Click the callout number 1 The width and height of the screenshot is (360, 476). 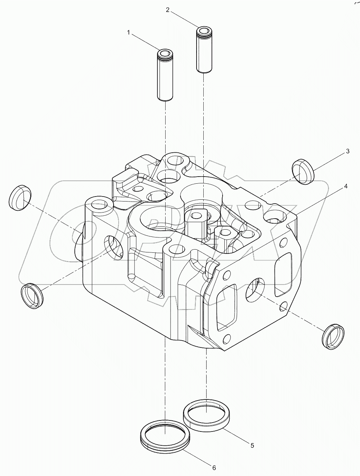click(x=129, y=33)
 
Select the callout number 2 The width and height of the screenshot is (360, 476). click(x=167, y=10)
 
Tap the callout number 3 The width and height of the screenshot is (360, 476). click(x=347, y=151)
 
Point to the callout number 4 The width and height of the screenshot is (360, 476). click(x=345, y=187)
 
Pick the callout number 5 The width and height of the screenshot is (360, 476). click(x=252, y=445)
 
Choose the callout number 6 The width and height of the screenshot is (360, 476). click(x=214, y=468)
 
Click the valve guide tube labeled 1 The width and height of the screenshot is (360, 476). click(x=165, y=77)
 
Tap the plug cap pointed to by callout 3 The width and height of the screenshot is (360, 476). click(x=303, y=172)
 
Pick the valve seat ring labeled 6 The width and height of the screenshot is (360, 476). click(x=165, y=436)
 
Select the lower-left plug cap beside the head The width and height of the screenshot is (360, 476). click(x=32, y=296)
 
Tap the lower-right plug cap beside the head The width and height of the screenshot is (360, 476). click(x=334, y=336)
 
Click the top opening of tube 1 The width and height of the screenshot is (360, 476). click(x=165, y=54)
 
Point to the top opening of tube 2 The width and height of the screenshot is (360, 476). click(x=203, y=31)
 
